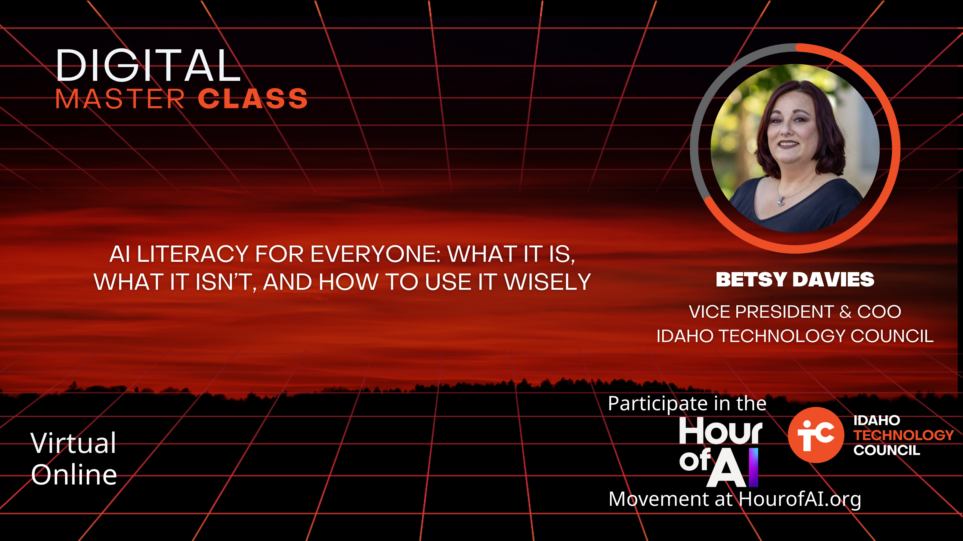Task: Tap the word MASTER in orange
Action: point(120,99)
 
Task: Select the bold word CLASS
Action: point(253,99)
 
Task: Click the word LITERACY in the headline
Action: point(193,254)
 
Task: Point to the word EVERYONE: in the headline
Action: point(376,254)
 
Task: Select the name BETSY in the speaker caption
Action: point(752,279)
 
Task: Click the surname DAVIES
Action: point(834,279)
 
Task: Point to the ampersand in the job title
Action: point(846,312)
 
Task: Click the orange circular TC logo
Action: point(816,435)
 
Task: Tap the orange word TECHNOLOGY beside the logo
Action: point(903,435)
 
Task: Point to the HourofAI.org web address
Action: point(800,499)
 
